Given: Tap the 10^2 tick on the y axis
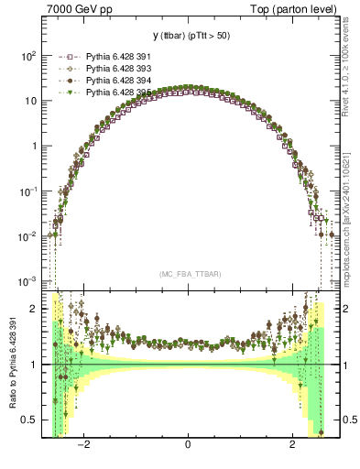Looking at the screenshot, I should point(26,56).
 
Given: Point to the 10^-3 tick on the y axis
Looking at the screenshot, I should point(26,281).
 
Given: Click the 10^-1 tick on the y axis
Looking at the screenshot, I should point(26,191).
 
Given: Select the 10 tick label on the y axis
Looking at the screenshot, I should point(29,101).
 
